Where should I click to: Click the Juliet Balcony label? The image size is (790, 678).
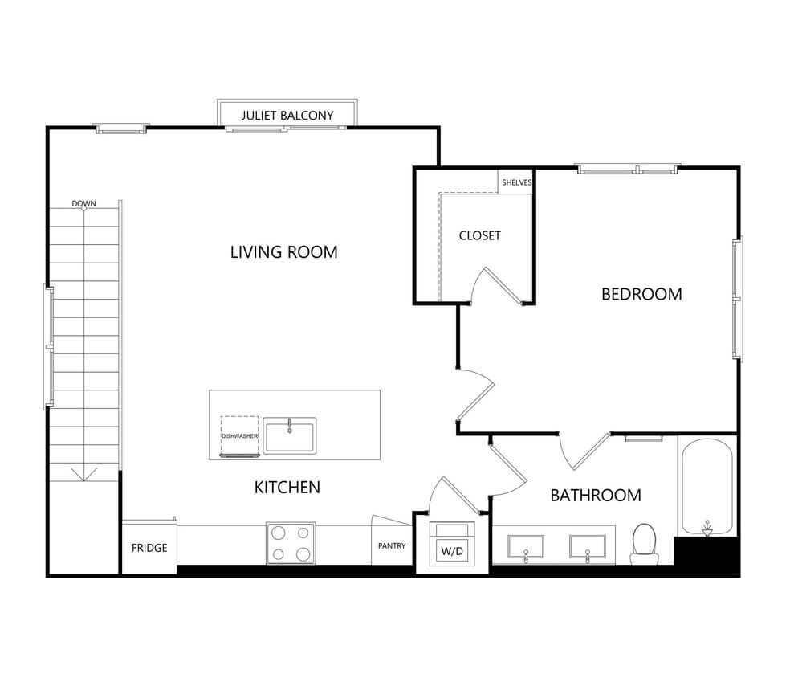[287, 115]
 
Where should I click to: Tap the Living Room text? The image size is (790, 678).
[283, 251]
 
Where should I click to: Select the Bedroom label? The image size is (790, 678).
[641, 294]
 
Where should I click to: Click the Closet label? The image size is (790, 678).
[479, 235]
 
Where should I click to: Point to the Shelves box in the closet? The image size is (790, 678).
[516, 182]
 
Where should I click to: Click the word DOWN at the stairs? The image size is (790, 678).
[83, 203]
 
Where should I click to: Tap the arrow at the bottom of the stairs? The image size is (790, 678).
[83, 473]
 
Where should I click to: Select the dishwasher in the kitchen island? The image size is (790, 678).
[239, 435]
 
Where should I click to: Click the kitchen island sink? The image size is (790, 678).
[290, 435]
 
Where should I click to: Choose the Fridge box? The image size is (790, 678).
[149, 548]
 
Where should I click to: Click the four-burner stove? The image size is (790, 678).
[291, 543]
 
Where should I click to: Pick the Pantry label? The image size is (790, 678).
[392, 546]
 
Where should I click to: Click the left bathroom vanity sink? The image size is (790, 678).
[525, 546]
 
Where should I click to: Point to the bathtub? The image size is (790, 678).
[707, 487]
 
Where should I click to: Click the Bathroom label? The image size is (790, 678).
[595, 495]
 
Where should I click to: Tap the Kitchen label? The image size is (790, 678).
[287, 487]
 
